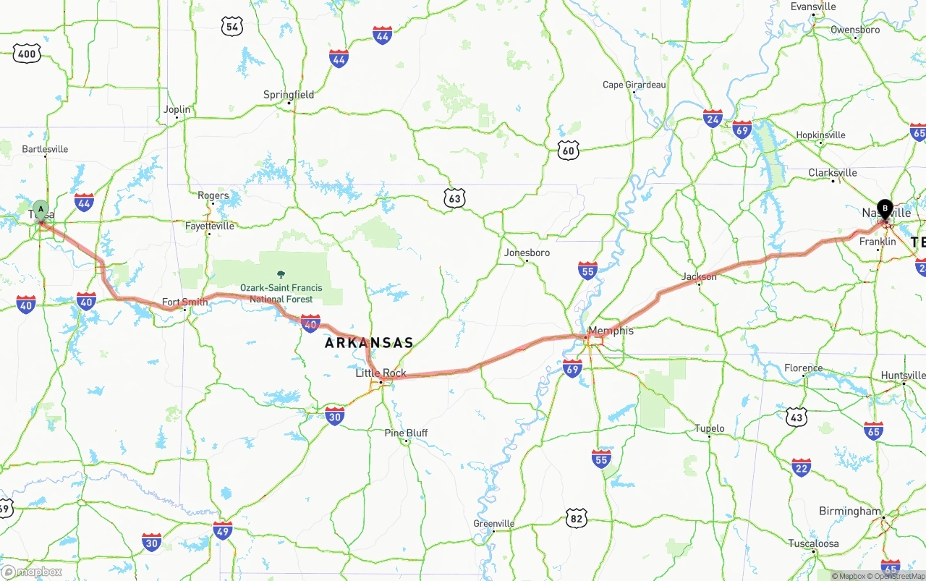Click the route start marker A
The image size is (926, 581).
41,210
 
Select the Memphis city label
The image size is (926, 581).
611,331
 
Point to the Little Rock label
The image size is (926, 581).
381,373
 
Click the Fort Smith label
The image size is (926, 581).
184,302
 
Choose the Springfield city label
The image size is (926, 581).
289,95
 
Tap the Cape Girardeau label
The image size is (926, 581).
634,85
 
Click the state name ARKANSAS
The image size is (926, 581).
369,343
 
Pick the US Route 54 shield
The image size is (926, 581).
231,27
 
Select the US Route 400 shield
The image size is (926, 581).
27,53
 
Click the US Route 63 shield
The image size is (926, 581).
454,198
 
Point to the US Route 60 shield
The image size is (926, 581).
569,150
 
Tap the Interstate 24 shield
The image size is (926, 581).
713,118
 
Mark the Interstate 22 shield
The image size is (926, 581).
801,467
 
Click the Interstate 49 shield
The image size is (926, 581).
223,530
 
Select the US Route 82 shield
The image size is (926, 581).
576,518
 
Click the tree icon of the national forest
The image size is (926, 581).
281,275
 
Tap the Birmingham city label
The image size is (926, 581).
850,511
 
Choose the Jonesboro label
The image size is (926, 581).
527,253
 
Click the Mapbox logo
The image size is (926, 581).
32,572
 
